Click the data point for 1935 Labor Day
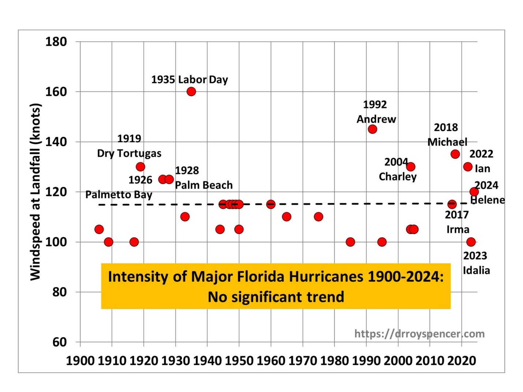click(x=191, y=91)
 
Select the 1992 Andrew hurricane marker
click(x=372, y=129)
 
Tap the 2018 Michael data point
click(x=455, y=154)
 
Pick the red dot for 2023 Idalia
click(x=471, y=242)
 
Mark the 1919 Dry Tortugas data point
click(x=140, y=167)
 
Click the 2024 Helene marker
click(x=474, y=192)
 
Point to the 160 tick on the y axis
click(x=56, y=92)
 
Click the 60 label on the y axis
click(x=59, y=342)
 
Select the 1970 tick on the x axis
click(x=303, y=361)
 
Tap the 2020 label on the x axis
click(x=462, y=361)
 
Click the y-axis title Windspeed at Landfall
click(x=35, y=192)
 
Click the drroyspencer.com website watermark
click(x=419, y=333)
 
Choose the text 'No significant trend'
click(x=276, y=297)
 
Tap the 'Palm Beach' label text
click(x=203, y=185)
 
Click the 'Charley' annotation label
click(x=397, y=177)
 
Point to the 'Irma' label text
click(x=457, y=229)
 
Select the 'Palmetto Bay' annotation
click(x=119, y=195)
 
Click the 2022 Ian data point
click(x=468, y=167)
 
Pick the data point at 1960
click(x=271, y=204)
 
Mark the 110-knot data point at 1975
click(x=318, y=217)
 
